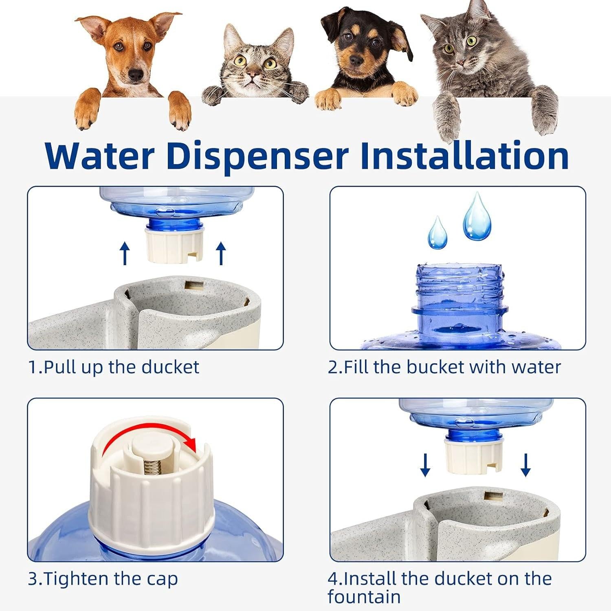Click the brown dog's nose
136,75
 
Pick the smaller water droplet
437,234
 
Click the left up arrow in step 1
125,253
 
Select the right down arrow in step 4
525,465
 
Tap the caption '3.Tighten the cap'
103,579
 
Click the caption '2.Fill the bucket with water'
444,367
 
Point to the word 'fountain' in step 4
364,597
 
